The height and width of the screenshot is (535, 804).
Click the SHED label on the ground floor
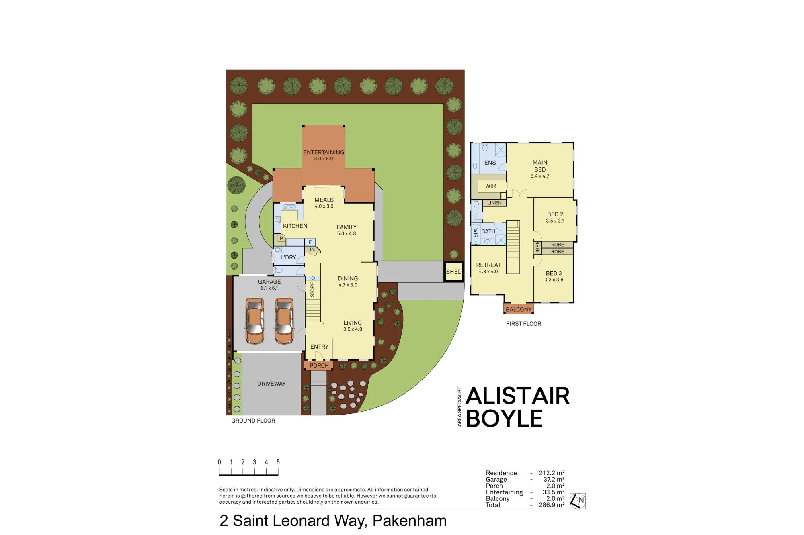click(454, 272)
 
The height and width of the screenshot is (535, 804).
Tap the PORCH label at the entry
click(319, 366)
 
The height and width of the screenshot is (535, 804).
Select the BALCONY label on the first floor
click(519, 309)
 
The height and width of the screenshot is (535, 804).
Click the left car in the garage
click(255, 321)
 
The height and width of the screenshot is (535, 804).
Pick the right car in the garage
click(284, 321)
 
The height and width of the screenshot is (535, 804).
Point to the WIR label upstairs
click(490, 186)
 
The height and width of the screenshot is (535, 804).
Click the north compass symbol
click(578, 501)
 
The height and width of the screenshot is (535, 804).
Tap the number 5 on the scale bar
click(278, 462)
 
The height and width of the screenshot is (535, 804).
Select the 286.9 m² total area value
click(552, 505)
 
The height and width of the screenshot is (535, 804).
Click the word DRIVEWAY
click(271, 384)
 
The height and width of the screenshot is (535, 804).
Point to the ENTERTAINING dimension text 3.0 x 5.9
click(324, 159)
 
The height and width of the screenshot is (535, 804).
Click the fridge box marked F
click(310, 242)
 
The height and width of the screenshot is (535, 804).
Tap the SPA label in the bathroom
click(476, 233)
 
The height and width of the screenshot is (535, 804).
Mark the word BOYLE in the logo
click(504, 418)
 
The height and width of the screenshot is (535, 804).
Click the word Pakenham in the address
click(409, 521)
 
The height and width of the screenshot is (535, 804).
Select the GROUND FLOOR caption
click(253, 421)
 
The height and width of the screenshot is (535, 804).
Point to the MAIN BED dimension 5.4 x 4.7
click(539, 176)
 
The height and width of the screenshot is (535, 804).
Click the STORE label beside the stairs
click(312, 290)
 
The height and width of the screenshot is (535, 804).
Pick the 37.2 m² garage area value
click(554, 479)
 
